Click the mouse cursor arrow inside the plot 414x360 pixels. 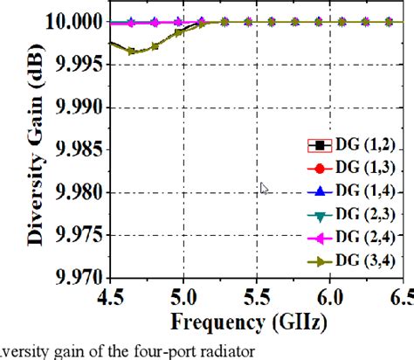(x=264, y=188)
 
